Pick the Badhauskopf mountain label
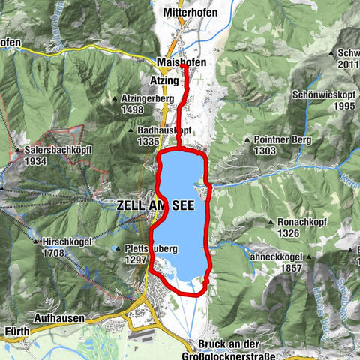[166, 130]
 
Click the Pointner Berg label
[289, 140]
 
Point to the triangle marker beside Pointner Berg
[248, 140]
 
